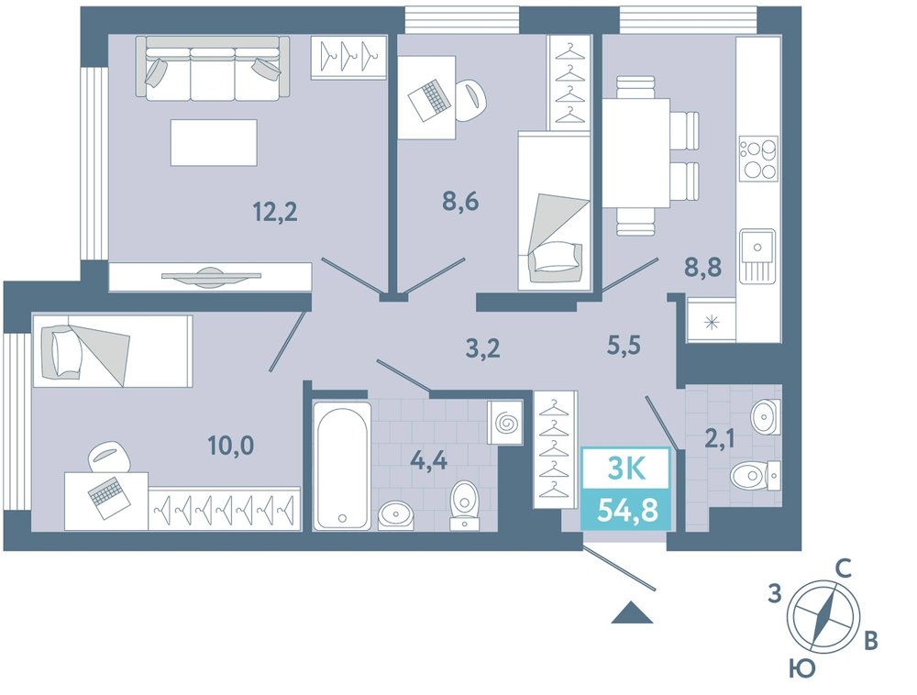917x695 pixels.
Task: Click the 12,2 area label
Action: (x=275, y=212)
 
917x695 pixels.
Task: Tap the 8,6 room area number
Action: (x=459, y=202)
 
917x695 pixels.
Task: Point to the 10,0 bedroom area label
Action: (x=231, y=446)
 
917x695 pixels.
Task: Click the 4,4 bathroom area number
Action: (x=428, y=460)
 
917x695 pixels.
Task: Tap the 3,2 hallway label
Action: (x=482, y=349)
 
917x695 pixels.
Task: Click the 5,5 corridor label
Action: (x=623, y=345)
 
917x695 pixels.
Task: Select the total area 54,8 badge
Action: (x=626, y=510)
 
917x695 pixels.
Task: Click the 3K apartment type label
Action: (x=626, y=469)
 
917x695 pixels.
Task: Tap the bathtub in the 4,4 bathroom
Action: (x=342, y=465)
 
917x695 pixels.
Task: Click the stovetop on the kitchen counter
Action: (x=758, y=159)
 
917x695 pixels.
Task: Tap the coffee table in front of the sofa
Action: (x=214, y=143)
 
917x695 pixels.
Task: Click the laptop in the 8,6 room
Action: (x=430, y=99)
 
